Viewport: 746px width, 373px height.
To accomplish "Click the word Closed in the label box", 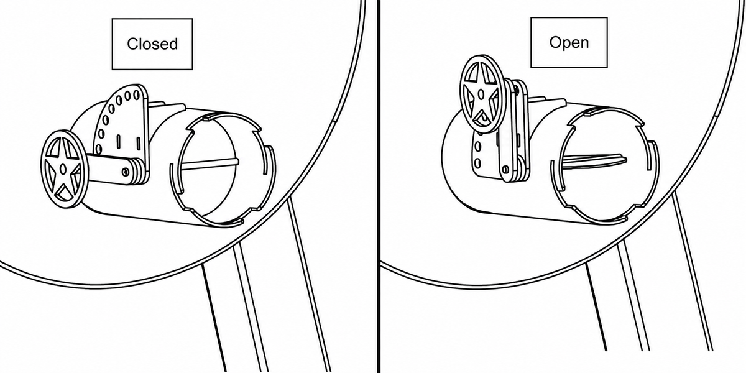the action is (152, 44).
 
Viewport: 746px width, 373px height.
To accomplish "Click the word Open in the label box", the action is (569, 43).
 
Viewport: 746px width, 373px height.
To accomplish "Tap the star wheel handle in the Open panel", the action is (481, 94).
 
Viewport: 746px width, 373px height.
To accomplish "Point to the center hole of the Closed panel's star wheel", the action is (63, 169).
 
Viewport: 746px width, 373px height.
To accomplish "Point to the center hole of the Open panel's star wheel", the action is (481, 94).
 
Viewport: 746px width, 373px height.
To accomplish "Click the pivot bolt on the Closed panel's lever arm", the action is (125, 172).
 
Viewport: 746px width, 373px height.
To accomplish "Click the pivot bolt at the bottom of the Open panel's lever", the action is (506, 169).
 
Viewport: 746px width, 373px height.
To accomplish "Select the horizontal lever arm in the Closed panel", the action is (113, 170).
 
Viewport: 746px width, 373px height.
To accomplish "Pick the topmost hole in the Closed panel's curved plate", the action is (136, 95).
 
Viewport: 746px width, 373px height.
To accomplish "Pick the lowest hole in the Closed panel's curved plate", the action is (99, 149).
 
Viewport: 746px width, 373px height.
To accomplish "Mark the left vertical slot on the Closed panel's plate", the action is (118, 141).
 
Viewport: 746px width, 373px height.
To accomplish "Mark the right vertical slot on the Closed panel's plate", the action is (138, 143).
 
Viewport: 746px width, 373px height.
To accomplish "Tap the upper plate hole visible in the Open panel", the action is (478, 147).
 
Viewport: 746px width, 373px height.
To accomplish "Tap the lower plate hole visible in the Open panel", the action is (477, 163).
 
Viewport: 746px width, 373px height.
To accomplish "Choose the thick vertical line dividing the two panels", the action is (379, 186).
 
